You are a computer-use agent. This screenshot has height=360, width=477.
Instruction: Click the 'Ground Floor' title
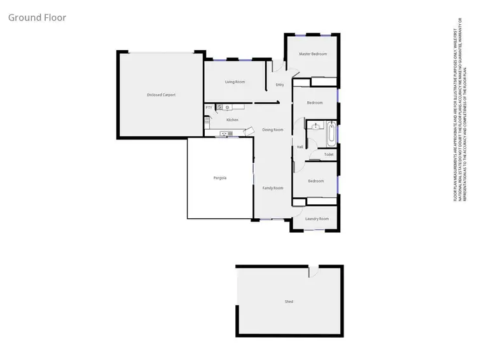point(37,17)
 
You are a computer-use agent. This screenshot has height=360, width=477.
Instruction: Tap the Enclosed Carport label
point(161,95)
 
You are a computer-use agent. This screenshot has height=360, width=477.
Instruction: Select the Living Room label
point(235,82)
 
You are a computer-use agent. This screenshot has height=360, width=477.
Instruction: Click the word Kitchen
point(232,120)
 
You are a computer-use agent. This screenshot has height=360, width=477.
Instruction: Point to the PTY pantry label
point(208,108)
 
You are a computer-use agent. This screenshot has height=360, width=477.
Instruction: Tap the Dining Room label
point(272,130)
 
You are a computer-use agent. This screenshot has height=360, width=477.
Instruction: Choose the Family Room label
point(272,188)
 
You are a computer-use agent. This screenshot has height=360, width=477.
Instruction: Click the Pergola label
point(220,178)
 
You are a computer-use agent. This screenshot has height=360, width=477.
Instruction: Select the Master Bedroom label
point(313,54)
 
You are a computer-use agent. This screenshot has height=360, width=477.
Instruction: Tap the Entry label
point(280,85)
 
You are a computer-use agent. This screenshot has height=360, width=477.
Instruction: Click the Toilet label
point(329,155)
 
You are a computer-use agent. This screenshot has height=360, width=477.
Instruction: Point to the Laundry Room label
point(317,219)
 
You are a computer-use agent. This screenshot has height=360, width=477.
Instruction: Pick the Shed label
point(289,301)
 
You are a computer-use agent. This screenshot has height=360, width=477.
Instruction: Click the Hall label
point(300,148)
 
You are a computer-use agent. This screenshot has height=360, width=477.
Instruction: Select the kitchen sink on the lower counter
point(225,134)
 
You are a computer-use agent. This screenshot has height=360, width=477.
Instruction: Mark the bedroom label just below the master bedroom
point(315,103)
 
